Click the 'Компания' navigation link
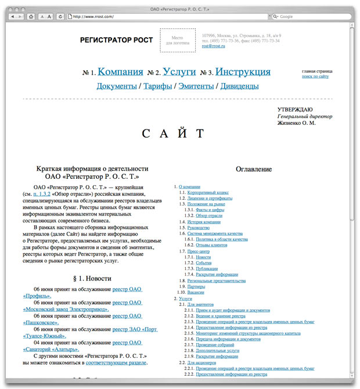point(120,72)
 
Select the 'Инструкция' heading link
point(243,72)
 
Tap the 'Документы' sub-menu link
point(116,87)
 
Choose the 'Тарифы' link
point(157,87)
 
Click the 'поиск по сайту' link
point(315,77)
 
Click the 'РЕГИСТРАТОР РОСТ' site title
point(117,40)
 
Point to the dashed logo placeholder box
point(178,40)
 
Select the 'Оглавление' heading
point(254,169)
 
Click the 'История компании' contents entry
point(203,222)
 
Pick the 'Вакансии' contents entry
point(196,292)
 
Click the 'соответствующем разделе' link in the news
point(117,363)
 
